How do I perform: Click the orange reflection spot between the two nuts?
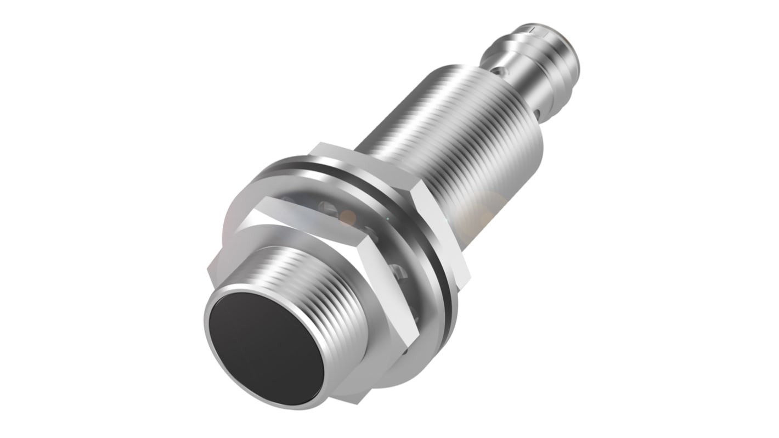347,218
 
